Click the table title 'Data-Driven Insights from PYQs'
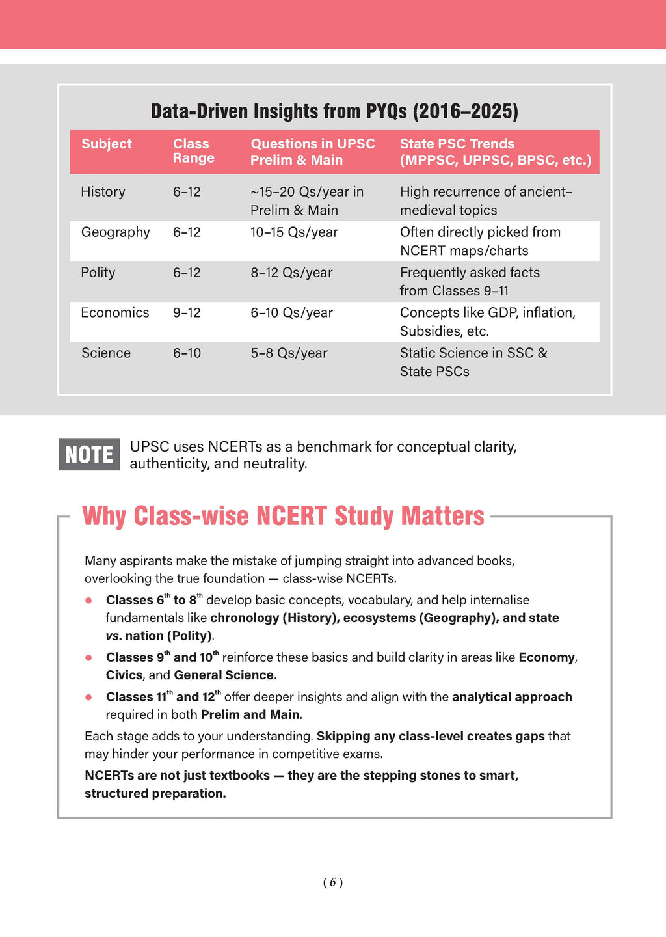[x=334, y=111]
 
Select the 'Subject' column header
[x=106, y=144]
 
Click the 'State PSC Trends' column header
[x=495, y=152]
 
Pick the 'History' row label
[x=103, y=192]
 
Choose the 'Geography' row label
[x=115, y=232]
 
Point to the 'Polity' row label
[x=98, y=273]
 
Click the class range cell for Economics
[x=187, y=313]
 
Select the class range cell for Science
[x=187, y=353]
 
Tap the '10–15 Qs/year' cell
[x=294, y=232]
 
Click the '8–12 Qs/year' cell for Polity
[x=291, y=273]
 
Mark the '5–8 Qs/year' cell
[x=289, y=353]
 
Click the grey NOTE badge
[x=89, y=454]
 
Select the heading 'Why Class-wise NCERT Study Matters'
[x=283, y=516]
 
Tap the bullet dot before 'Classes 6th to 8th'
[x=88, y=601]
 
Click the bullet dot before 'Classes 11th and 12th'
[x=88, y=698]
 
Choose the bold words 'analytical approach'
[x=512, y=697]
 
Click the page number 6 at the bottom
[x=332, y=882]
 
